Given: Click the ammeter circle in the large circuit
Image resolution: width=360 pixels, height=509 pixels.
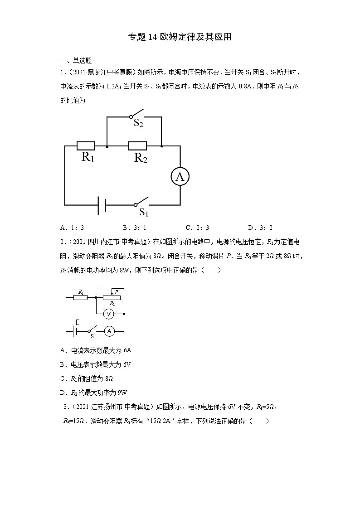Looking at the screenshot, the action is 180,177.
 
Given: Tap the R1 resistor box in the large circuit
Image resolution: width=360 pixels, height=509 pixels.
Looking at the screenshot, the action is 86,146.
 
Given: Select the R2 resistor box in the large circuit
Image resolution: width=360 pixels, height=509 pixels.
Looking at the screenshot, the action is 137,146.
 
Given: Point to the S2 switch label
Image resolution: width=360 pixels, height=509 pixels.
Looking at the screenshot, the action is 138,123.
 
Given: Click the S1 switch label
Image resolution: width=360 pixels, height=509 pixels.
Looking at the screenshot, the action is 144,212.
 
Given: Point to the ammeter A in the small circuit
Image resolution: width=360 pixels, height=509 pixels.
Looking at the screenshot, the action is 109,332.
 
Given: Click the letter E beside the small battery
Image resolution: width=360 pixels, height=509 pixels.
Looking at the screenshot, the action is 77,322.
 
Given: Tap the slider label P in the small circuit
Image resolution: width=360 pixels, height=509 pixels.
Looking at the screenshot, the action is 117,292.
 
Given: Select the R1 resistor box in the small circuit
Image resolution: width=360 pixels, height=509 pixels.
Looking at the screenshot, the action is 81,297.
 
